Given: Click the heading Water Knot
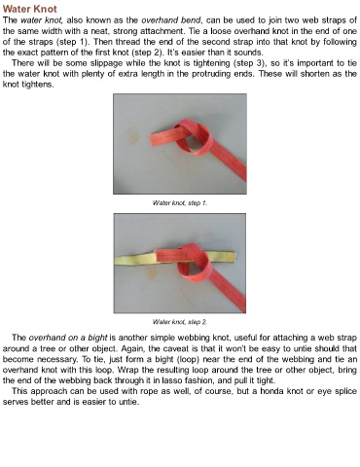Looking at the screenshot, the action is [30, 9].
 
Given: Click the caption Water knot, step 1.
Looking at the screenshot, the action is [180, 203].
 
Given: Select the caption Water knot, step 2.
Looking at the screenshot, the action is [180, 322].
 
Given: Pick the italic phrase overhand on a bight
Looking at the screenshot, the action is [68, 338].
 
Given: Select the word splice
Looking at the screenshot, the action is [345, 391].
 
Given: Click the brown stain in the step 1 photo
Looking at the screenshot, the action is [134, 137].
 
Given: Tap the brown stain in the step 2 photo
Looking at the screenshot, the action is [151, 274].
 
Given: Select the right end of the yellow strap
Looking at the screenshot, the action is [233, 256].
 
